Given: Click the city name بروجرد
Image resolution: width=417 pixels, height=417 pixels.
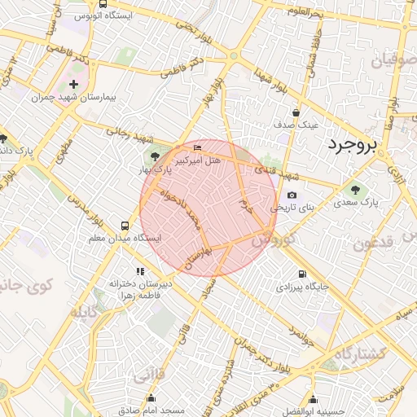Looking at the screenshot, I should (354, 145).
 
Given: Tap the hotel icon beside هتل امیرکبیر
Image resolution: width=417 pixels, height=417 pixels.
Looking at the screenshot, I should (198, 147).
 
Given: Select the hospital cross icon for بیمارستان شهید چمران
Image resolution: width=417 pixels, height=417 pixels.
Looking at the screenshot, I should (74, 84).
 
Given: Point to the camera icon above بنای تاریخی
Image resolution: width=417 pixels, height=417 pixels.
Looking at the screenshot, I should (292, 195).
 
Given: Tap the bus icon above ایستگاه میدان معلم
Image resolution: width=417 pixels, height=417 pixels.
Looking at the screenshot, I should (124, 226).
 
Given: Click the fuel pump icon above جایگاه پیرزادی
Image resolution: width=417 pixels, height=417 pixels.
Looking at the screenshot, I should (302, 274).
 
